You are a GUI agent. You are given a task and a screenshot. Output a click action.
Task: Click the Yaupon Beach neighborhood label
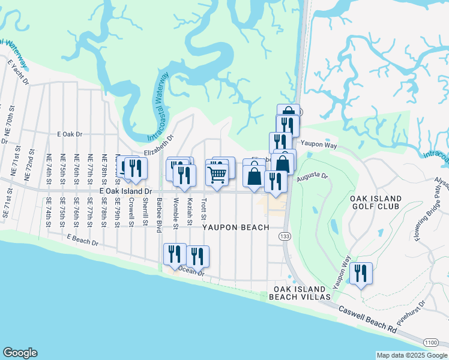235,227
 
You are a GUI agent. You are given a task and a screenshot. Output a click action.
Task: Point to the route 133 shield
281,238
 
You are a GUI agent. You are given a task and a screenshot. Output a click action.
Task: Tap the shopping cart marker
217,175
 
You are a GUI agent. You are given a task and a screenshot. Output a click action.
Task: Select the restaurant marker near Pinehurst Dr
361,273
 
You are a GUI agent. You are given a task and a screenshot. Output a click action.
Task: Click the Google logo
20,353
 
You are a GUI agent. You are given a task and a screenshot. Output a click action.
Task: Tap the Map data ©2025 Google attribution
412,355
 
